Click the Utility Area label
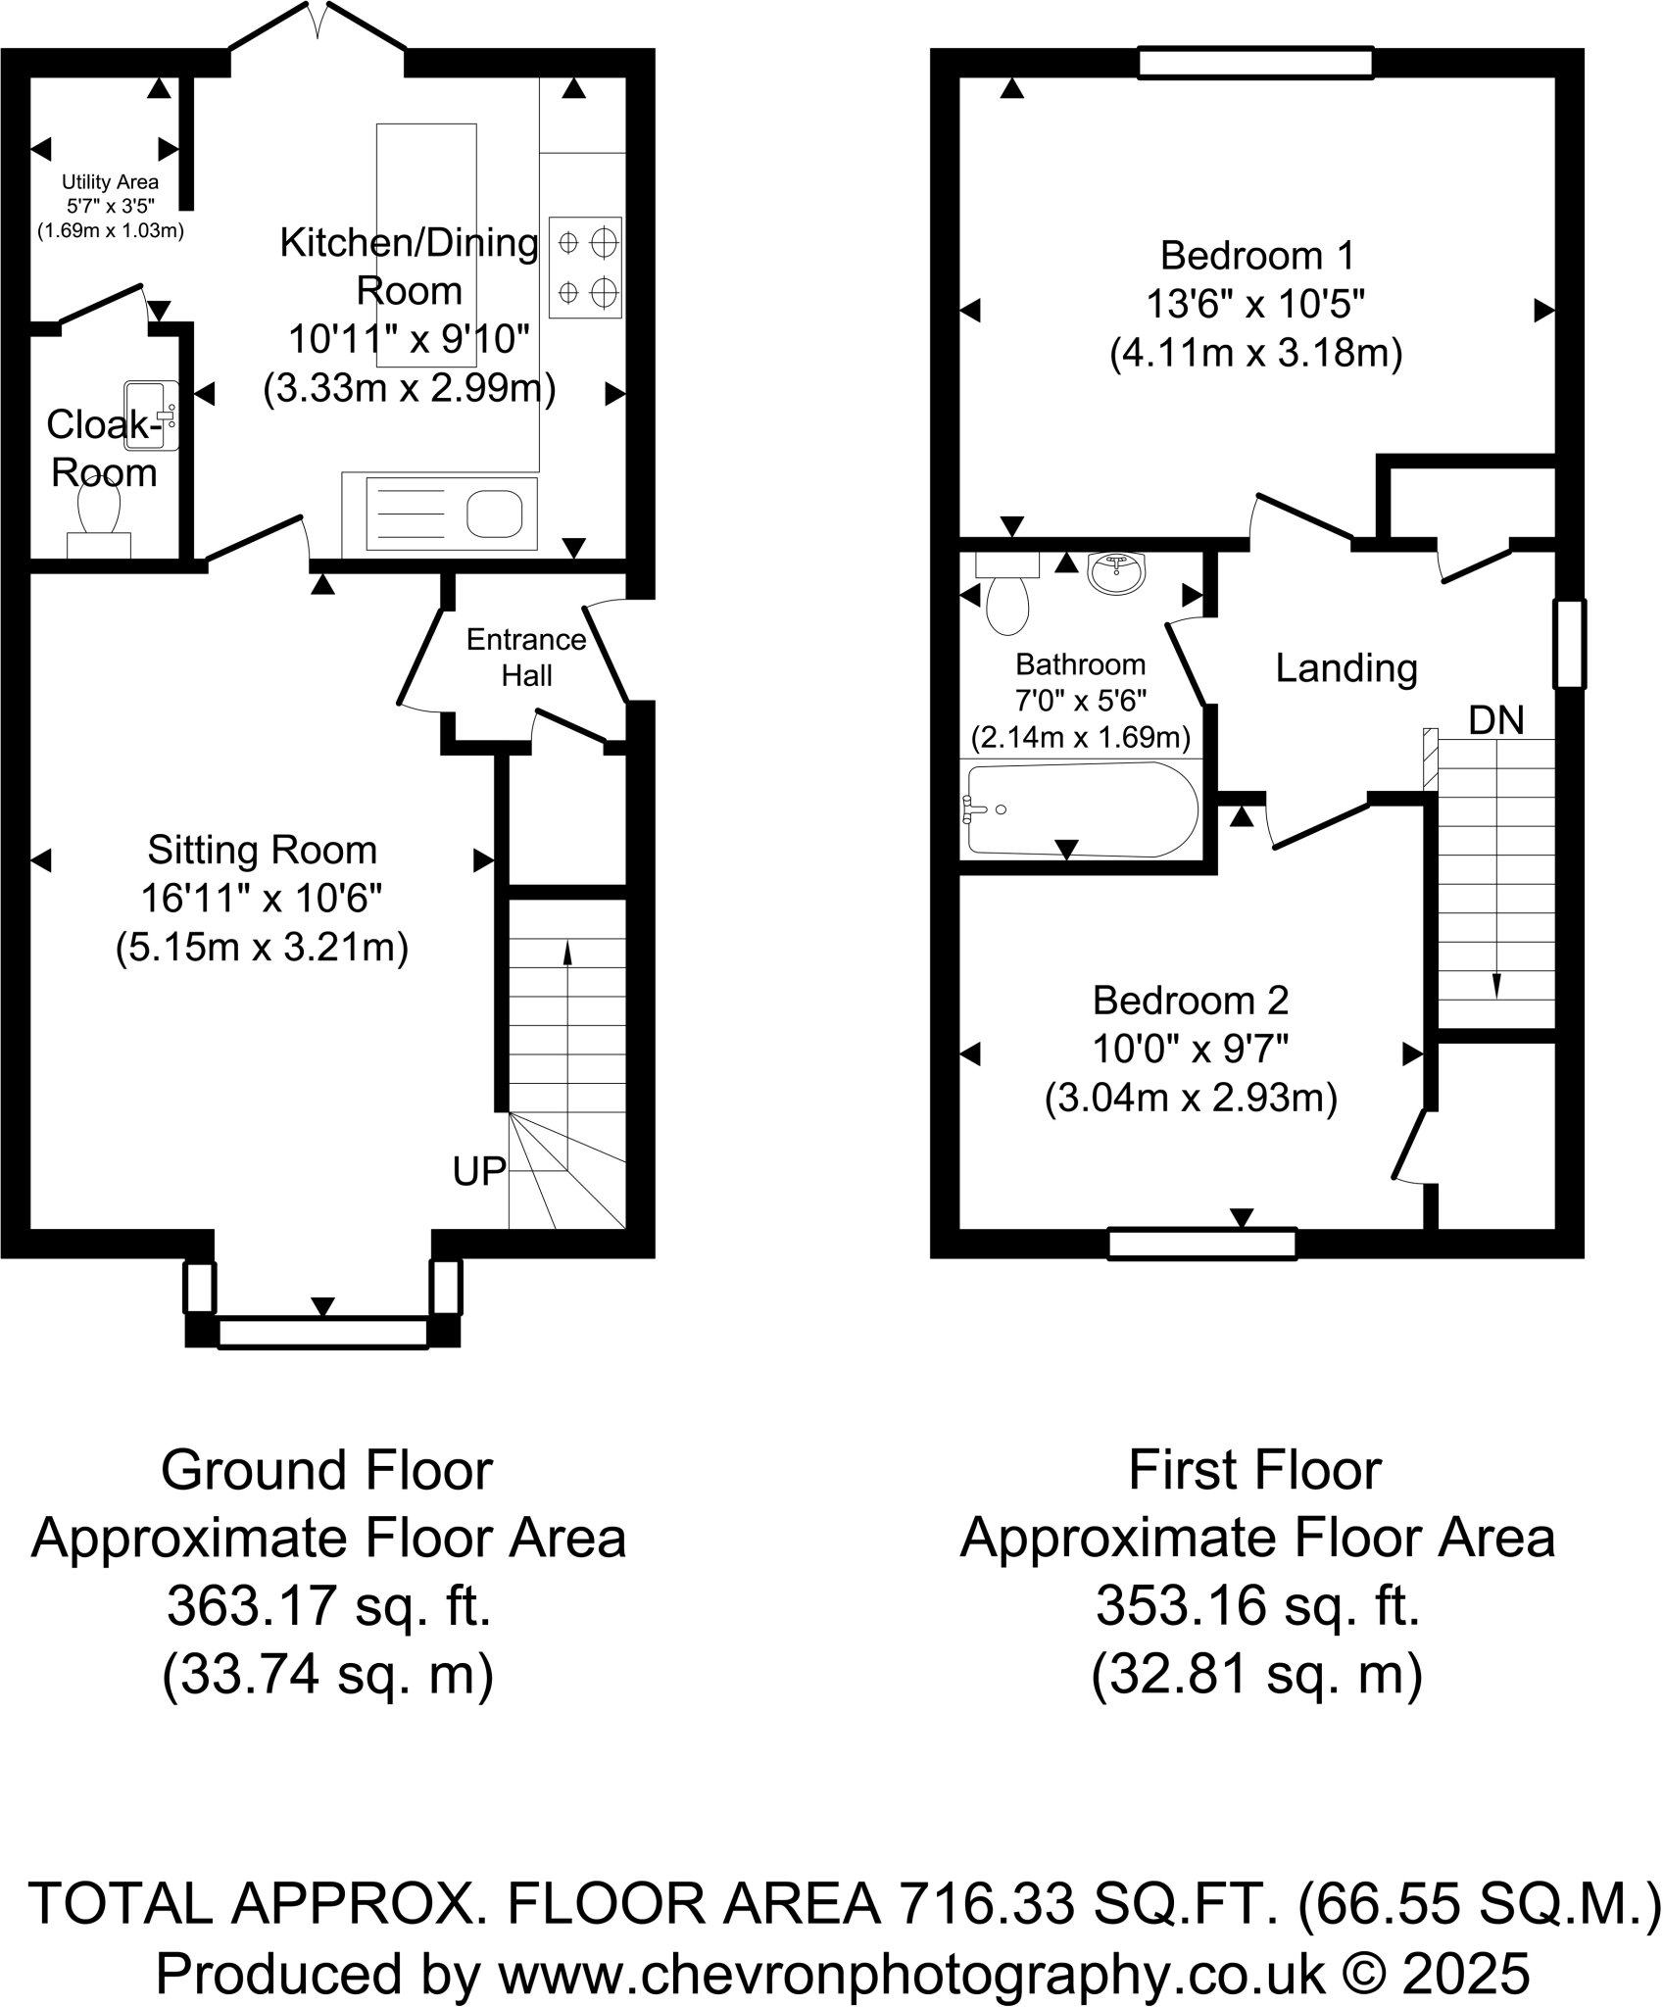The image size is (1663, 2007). [110, 181]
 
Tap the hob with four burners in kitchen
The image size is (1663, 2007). [585, 268]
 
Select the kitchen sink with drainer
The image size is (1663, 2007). [452, 513]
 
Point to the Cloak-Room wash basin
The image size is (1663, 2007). [152, 416]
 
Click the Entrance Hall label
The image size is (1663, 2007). [526, 658]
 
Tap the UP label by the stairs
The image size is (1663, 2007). [479, 1171]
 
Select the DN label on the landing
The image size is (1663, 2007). [1496, 720]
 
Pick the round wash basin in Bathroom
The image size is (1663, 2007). [1116, 573]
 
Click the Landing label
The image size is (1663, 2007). [1346, 668]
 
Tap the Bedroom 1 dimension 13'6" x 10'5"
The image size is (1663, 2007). [1256, 305]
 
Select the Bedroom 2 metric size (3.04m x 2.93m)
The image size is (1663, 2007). [1191, 1098]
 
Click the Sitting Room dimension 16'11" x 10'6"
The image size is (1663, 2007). [262, 898]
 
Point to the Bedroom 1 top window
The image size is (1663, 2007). [1255, 63]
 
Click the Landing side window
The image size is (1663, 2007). [1569, 644]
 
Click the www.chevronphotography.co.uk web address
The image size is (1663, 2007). [911, 1974]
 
